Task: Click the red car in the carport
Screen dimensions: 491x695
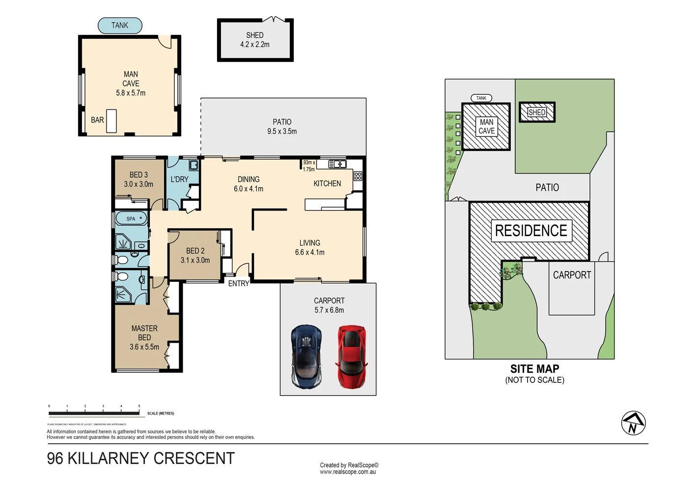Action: (x=351, y=356)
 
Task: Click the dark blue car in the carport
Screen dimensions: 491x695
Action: (x=306, y=356)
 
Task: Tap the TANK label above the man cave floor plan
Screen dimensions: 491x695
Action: (x=120, y=26)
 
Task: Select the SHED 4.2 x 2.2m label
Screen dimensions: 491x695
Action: (x=255, y=40)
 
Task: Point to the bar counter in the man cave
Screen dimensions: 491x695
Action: (x=111, y=121)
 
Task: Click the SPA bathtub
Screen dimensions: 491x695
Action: (x=131, y=218)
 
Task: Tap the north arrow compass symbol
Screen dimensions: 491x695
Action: (x=633, y=423)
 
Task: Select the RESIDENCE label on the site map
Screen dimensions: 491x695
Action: (x=531, y=231)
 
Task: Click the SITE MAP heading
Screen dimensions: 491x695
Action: (x=534, y=369)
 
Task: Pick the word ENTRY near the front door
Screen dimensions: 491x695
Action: (x=239, y=284)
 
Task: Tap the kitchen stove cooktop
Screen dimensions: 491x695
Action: (x=358, y=176)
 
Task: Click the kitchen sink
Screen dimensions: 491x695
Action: (x=337, y=164)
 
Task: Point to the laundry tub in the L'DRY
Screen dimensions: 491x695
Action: (x=194, y=165)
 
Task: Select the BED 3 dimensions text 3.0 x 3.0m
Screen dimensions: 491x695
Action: (x=139, y=184)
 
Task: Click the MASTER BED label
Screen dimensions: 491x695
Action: (x=144, y=333)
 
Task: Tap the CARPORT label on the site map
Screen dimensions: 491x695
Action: (x=572, y=275)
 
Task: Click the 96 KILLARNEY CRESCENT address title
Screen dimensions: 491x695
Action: (x=141, y=458)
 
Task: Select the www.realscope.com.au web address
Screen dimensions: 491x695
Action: (x=348, y=472)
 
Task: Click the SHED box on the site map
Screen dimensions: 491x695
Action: (x=537, y=112)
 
